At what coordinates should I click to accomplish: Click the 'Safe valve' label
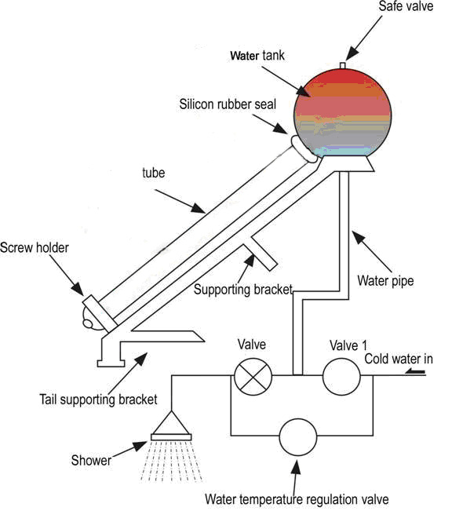point(406,6)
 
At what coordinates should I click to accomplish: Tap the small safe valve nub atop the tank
point(342,65)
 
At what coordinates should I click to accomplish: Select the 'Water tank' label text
point(257,56)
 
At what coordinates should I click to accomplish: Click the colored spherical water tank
point(342,112)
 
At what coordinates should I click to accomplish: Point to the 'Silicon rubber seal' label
point(228,104)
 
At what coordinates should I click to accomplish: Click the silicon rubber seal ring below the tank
point(304,148)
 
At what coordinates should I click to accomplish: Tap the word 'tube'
point(154,173)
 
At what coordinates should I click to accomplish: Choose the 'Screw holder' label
point(35,248)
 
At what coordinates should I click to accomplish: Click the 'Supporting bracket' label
point(243,290)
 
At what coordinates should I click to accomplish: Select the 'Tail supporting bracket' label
point(98,400)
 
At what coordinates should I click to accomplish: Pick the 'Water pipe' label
point(385,281)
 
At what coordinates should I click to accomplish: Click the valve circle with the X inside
point(253,376)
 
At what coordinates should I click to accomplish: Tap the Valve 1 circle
point(341,377)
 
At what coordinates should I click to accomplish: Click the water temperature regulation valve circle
point(298,437)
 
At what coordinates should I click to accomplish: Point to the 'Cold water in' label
point(398,359)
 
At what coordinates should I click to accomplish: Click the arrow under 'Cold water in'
point(416,371)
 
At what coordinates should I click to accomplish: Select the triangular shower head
point(171,425)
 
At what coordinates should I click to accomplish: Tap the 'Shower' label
point(91,460)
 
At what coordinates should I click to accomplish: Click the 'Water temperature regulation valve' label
point(297,499)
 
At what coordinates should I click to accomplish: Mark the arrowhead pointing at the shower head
point(141,446)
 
